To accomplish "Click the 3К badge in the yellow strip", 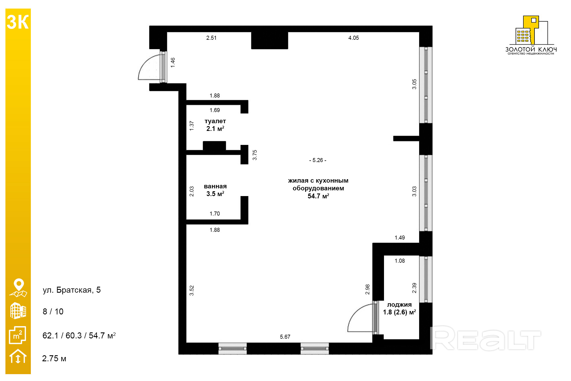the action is (x=18, y=22).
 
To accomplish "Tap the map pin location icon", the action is (x=18, y=288).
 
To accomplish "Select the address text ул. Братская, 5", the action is (x=72, y=290).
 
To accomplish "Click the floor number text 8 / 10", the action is (x=53, y=312).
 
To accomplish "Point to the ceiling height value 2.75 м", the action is (x=54, y=358).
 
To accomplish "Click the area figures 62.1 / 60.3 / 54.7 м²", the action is (x=79, y=335).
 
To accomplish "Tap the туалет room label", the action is (x=215, y=121).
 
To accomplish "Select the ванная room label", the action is (x=215, y=186).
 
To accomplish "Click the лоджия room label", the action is (x=399, y=305).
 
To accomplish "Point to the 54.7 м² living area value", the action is (x=318, y=196).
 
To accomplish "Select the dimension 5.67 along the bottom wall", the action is (x=285, y=337).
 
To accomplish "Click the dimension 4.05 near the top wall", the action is (x=354, y=38).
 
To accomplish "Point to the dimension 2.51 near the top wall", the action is (x=212, y=38).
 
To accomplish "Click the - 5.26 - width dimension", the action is (x=318, y=160).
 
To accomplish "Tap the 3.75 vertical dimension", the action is (x=255, y=155).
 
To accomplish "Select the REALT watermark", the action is (x=485, y=338).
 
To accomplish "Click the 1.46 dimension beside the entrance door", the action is (x=173, y=63).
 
